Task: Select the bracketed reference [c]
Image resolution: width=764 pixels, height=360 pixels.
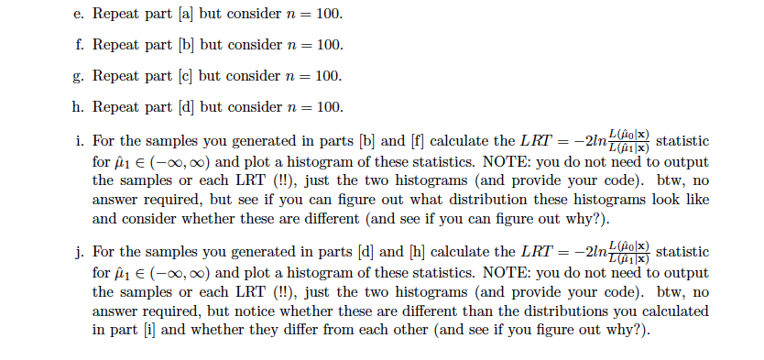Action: [x=182, y=77]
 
